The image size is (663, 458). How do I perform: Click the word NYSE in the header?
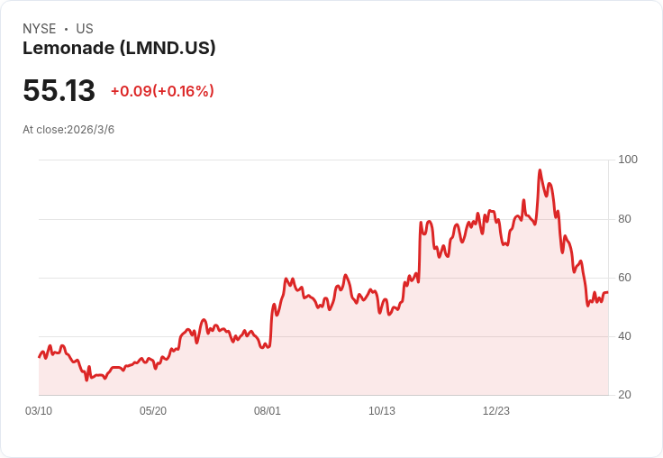40,29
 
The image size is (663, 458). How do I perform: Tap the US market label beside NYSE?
85,29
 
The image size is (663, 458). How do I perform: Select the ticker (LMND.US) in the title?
168,49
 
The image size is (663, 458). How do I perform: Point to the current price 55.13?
59,91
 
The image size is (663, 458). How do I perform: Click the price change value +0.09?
131,91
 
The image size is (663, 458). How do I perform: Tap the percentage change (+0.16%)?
184,91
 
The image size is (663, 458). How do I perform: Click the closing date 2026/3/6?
91,130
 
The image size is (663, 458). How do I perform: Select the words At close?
43,130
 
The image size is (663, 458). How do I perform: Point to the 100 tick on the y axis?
627,160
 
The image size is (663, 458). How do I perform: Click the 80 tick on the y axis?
624,219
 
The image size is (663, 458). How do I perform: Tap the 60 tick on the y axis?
624,278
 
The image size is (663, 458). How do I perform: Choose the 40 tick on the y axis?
624,336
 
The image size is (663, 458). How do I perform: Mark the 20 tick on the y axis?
624,395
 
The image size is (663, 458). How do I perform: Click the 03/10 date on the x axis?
39,411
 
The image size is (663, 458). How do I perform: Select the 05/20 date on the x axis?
153,411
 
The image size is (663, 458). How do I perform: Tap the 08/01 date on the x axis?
268,411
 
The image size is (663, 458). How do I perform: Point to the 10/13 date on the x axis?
382,411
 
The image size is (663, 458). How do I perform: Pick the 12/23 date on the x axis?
496,411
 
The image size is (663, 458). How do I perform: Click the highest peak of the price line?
540,170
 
